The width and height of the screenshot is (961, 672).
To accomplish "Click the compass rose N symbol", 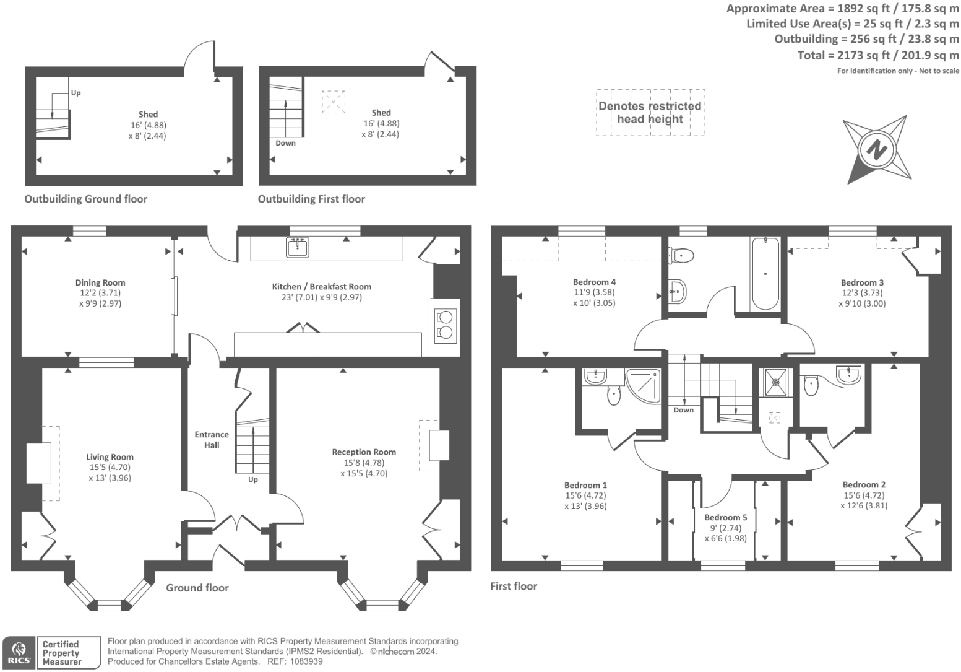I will (x=876, y=149).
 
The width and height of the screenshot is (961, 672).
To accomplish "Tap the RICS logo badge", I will (x=19, y=653).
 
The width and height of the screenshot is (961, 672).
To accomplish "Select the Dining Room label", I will (x=100, y=282).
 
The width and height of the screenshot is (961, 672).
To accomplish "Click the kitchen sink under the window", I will (x=298, y=247).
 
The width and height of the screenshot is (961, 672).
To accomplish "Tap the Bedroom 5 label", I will (x=725, y=517).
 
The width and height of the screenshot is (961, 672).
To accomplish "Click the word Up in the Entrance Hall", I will (x=252, y=479).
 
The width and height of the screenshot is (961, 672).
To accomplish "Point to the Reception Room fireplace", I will (x=439, y=445).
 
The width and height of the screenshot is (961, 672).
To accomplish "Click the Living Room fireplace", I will (x=38, y=463).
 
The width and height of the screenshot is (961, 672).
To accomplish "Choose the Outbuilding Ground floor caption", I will (x=85, y=199).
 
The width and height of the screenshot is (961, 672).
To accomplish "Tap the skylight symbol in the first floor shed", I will (x=333, y=102).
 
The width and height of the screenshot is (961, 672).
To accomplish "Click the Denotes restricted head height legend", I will (x=650, y=112).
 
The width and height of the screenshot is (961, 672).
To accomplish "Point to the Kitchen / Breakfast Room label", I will (x=321, y=287).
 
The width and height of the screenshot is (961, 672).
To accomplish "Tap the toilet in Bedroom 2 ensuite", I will (x=811, y=386).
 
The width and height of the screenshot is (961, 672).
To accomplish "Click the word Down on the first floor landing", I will (x=683, y=410).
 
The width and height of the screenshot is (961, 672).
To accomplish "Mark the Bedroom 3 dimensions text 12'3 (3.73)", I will (x=862, y=293).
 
